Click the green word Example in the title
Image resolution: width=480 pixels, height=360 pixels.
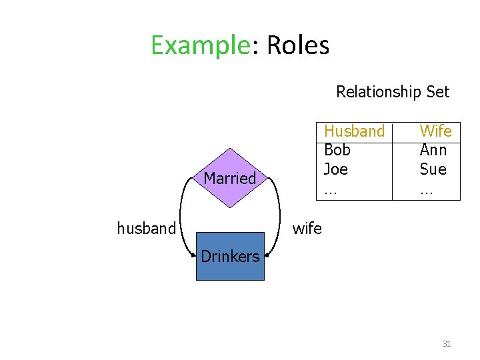coord(199,46)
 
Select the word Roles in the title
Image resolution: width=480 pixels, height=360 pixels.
coord(297,46)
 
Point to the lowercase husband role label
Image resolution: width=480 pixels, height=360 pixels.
coord(146,229)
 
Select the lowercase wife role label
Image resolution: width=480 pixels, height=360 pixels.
coord(307,229)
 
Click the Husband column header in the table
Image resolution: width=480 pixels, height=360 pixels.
coord(354,131)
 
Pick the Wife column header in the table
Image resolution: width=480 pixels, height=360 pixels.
coord(435,131)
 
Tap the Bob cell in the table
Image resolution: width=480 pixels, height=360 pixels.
coord(337,150)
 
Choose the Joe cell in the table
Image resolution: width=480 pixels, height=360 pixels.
coord(335,169)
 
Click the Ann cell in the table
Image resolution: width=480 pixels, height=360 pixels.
coord(433,150)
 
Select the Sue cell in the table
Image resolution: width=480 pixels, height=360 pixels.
coord(433,169)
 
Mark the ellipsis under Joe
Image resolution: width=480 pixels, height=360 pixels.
coord(330,191)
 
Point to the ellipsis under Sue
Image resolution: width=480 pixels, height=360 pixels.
coord(426,191)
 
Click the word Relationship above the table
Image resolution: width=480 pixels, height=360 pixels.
coord(378,92)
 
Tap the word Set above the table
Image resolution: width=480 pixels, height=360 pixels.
coord(437,92)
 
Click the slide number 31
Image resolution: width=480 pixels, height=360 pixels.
coord(447,344)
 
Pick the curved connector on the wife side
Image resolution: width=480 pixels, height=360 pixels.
coord(278,213)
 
